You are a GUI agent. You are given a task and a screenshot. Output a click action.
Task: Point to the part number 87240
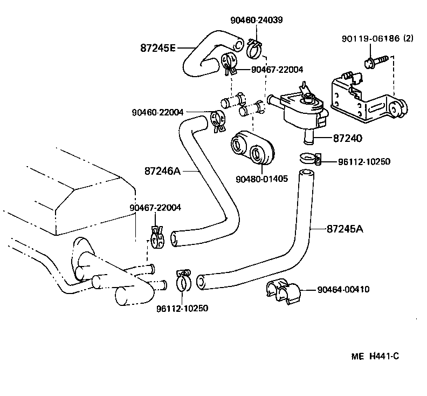click(347, 138)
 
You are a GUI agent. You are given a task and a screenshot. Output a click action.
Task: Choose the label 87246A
click(162, 171)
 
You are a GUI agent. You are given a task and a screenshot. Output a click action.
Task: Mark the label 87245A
click(345, 229)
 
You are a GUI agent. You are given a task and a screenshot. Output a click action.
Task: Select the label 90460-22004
click(157, 112)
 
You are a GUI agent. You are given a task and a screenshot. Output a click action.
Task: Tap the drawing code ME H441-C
click(375, 357)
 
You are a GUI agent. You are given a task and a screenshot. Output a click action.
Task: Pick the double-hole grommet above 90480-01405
click(252, 146)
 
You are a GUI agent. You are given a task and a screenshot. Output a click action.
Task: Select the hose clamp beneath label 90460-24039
click(254, 49)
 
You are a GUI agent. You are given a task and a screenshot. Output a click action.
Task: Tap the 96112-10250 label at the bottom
click(182, 309)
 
